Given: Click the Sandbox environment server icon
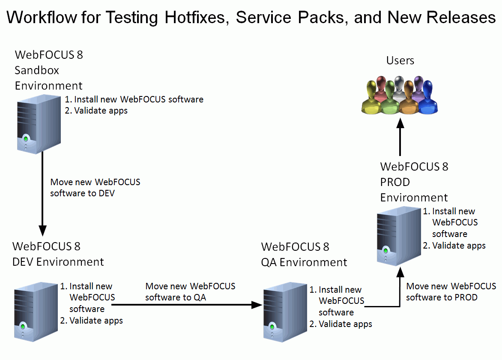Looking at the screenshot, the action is pyautogui.click(x=39, y=125).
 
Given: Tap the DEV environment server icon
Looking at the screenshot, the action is pyautogui.click(x=36, y=312).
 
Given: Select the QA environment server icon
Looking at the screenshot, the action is pyautogui.click(x=285, y=312).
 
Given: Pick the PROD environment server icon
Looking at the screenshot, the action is pyautogui.click(x=399, y=236).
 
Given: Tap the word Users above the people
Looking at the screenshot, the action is pyautogui.click(x=400, y=60).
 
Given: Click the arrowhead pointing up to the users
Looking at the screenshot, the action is pyautogui.click(x=400, y=123).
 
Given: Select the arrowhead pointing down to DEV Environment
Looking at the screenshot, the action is pyautogui.click(x=42, y=231).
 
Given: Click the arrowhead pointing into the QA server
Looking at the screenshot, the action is pyautogui.click(x=257, y=305).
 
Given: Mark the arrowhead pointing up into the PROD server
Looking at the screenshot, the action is pyautogui.click(x=400, y=272).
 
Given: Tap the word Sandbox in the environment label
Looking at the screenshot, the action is pyautogui.click(x=37, y=70).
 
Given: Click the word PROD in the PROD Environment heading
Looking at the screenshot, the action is pyautogui.click(x=395, y=182).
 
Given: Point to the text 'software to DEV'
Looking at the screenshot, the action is pyautogui.click(x=82, y=193).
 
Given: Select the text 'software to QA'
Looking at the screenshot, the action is pyautogui.click(x=176, y=297).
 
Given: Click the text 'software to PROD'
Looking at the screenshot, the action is pyautogui.click(x=442, y=297).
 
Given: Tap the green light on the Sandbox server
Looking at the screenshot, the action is pyautogui.click(x=26, y=139).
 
